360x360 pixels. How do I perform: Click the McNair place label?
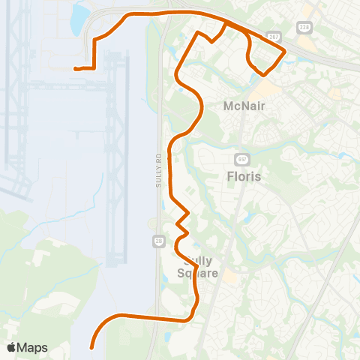(x=245, y=106)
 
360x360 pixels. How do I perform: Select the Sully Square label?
(x=198, y=267)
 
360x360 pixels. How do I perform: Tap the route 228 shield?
(x=304, y=28)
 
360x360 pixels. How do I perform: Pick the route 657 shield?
(x=241, y=160)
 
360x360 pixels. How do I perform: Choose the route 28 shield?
(x=158, y=240)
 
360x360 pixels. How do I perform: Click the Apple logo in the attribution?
(x=11, y=347)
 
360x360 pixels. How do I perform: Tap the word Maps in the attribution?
(x=33, y=347)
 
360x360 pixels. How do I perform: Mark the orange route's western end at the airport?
(x=75, y=69)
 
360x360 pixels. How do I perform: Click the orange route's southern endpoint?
(x=91, y=347)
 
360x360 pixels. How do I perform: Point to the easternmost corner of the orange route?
(x=285, y=51)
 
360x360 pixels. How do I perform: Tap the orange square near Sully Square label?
(x=229, y=276)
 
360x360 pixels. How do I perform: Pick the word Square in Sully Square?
(x=198, y=274)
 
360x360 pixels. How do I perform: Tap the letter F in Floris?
(x=229, y=177)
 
